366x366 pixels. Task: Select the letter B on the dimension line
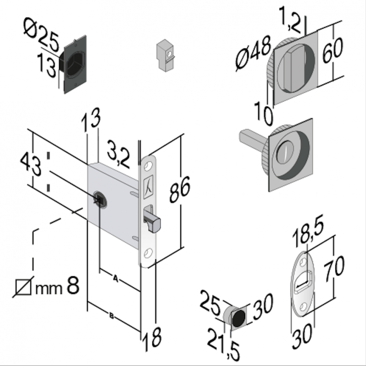coord(112,315)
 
